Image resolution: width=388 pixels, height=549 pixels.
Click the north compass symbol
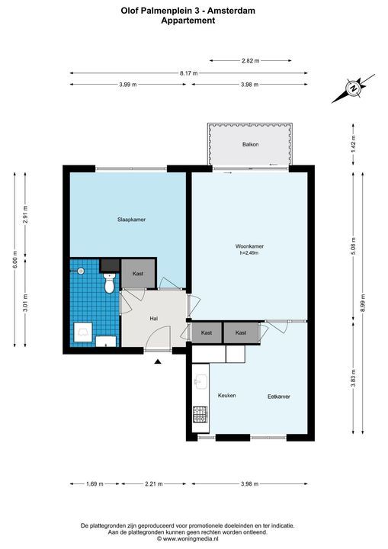click(354, 88)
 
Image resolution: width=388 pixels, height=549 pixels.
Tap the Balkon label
click(250, 144)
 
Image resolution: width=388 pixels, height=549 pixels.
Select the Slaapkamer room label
click(131, 220)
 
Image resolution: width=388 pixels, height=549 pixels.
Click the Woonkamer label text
click(249, 246)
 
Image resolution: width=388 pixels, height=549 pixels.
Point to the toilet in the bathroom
click(110, 283)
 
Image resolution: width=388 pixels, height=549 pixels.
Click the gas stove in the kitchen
click(200, 415)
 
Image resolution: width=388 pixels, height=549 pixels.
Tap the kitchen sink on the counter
click(200, 382)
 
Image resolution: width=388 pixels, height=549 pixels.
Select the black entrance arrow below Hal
click(158, 361)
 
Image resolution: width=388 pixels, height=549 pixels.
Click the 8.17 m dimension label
click(189, 73)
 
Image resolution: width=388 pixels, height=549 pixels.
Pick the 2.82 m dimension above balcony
click(250, 60)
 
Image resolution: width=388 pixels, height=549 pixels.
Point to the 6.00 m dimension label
click(14, 259)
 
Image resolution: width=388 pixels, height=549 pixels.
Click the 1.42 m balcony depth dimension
click(354, 144)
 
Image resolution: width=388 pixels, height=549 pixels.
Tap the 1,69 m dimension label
click(95, 484)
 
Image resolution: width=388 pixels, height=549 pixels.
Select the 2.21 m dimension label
click(154, 484)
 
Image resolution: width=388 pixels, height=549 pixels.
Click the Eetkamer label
click(279, 396)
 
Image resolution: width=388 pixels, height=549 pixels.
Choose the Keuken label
click(227, 395)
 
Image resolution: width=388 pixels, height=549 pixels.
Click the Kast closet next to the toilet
click(138, 274)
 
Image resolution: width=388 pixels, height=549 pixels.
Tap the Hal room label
click(154, 318)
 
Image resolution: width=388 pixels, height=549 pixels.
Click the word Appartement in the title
click(188, 21)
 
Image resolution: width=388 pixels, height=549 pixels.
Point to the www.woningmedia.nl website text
click(188, 538)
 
